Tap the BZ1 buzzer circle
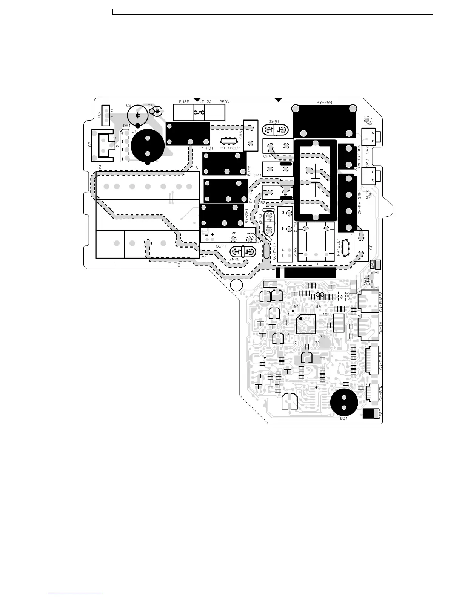click(x=344, y=402)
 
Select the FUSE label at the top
click(x=184, y=102)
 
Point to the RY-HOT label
click(x=206, y=148)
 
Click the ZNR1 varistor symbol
click(x=275, y=130)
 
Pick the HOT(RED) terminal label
click(x=230, y=148)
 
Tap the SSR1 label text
click(x=221, y=246)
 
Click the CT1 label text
click(x=317, y=264)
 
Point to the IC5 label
click(x=90, y=145)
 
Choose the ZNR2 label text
click(x=234, y=259)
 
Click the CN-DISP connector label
click(x=381, y=360)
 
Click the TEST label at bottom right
click(x=381, y=413)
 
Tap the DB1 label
click(x=127, y=126)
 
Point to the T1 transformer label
click(x=204, y=258)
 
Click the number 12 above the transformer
click(x=99, y=167)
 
